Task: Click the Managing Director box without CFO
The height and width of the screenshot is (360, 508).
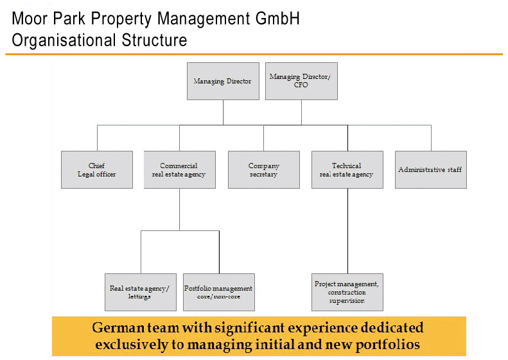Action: click(223, 81)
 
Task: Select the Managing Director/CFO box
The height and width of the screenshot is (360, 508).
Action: click(301, 81)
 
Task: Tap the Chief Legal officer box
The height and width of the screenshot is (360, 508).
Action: click(97, 169)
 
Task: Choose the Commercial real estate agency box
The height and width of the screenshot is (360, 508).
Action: click(179, 169)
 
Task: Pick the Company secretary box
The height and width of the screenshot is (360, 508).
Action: click(263, 169)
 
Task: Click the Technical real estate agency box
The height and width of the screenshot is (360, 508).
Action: click(347, 169)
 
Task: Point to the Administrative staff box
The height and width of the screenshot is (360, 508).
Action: click(430, 169)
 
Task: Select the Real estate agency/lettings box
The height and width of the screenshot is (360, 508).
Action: click(139, 293)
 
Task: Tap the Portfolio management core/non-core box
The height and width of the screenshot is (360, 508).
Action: click(218, 293)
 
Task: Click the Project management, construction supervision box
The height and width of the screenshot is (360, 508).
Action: click(347, 293)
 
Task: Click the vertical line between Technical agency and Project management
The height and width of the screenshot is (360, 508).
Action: click(347, 231)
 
